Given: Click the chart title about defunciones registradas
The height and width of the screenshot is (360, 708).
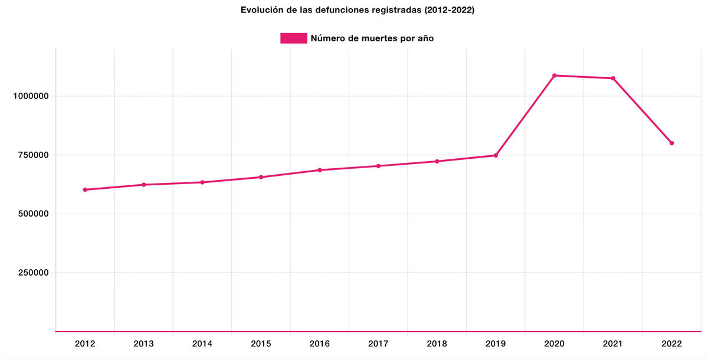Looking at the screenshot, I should click(x=357, y=10).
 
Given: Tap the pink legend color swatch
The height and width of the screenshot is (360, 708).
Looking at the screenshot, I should click(x=293, y=38).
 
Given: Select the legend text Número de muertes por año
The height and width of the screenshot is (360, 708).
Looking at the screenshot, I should click(x=372, y=38).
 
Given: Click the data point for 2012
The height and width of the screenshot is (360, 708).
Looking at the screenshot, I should click(x=85, y=189).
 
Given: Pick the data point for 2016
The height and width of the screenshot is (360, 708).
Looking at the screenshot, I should click(x=320, y=170).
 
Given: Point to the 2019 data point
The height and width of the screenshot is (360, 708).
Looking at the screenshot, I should click(x=496, y=155).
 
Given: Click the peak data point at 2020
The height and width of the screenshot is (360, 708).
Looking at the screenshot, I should click(x=555, y=76).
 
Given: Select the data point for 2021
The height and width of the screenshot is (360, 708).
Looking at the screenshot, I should click(x=613, y=78).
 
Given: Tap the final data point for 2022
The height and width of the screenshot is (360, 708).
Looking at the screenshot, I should click(x=671, y=143).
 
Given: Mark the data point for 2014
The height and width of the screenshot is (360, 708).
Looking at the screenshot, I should click(x=202, y=182).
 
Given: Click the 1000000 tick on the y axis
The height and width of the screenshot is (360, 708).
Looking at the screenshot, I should click(x=30, y=96).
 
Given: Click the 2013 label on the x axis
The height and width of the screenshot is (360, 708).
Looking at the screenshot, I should click(x=143, y=343).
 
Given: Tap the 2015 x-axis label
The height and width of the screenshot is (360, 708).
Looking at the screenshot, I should click(x=261, y=343).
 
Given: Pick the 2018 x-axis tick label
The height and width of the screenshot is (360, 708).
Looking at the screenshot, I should click(x=437, y=343).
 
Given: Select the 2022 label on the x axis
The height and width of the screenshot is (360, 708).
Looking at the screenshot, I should click(x=671, y=343).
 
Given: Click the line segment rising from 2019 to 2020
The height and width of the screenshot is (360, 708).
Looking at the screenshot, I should click(x=525, y=116).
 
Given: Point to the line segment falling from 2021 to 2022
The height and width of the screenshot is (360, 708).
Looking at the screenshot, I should click(x=643, y=111).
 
